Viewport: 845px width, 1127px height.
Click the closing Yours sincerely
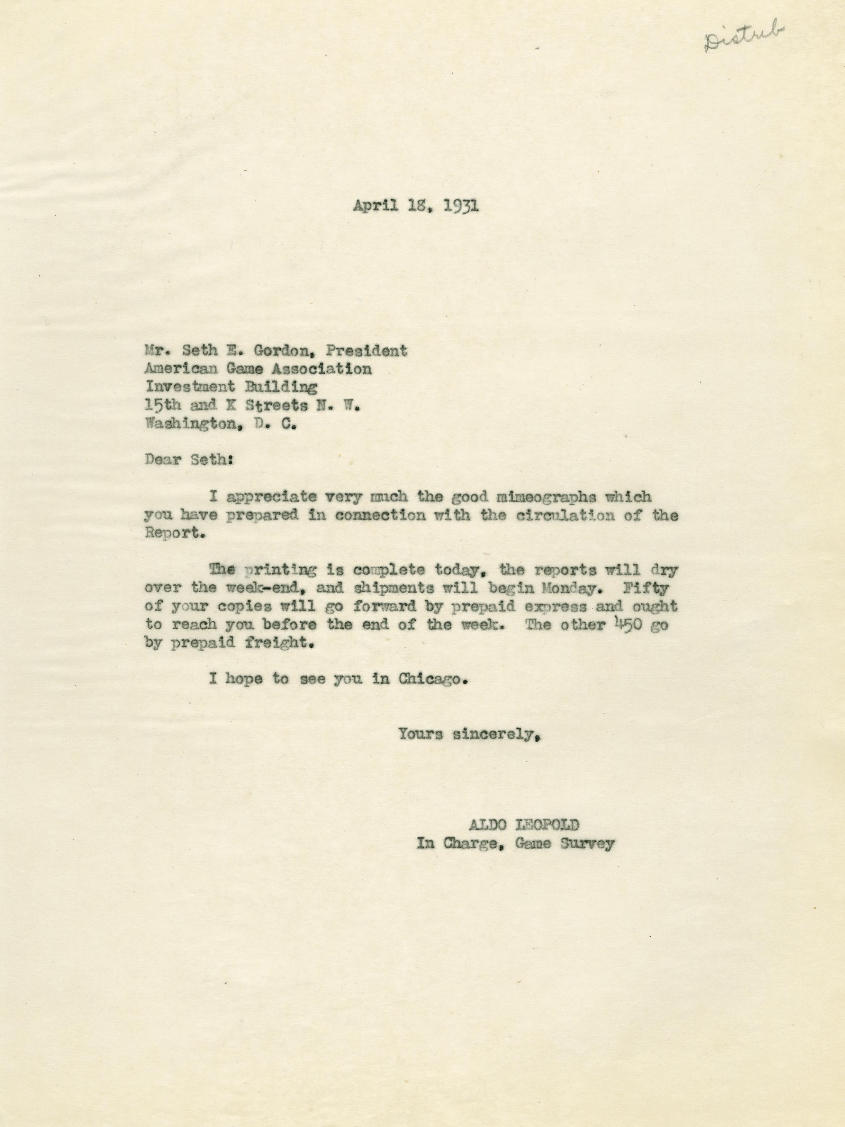(469, 735)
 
